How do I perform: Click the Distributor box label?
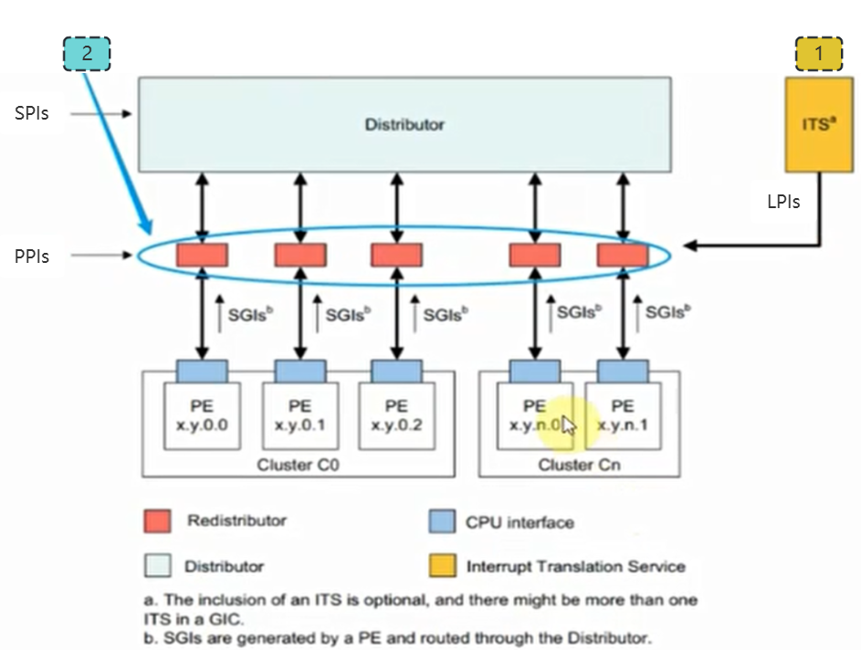pyautogui.click(x=404, y=124)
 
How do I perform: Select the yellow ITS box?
pyautogui.click(x=820, y=125)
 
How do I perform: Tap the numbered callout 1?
pyautogui.click(x=819, y=54)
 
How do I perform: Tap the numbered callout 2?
pyautogui.click(x=87, y=54)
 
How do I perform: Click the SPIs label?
pyautogui.click(x=32, y=113)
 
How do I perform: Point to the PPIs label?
pyautogui.click(x=32, y=257)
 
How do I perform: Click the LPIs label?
pyautogui.click(x=783, y=202)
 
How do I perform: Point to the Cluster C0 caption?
pyautogui.click(x=298, y=465)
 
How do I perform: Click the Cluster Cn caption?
pyautogui.click(x=580, y=465)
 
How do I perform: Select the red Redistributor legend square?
pyautogui.click(x=158, y=521)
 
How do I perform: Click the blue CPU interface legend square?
pyautogui.click(x=441, y=522)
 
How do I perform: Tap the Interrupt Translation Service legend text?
pyautogui.click(x=575, y=566)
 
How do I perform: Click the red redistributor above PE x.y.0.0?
pyautogui.click(x=202, y=255)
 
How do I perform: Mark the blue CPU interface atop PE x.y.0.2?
pyautogui.click(x=396, y=371)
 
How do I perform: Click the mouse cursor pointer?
pyautogui.click(x=569, y=425)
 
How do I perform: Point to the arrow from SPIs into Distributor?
pyautogui.click(x=102, y=114)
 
